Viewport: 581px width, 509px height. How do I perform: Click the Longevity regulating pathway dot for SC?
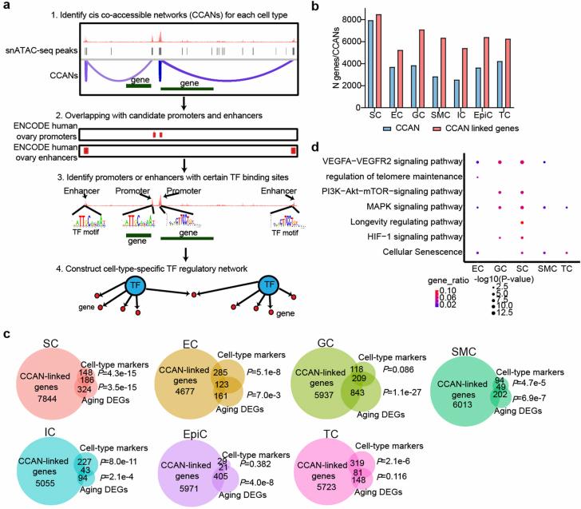(521, 222)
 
